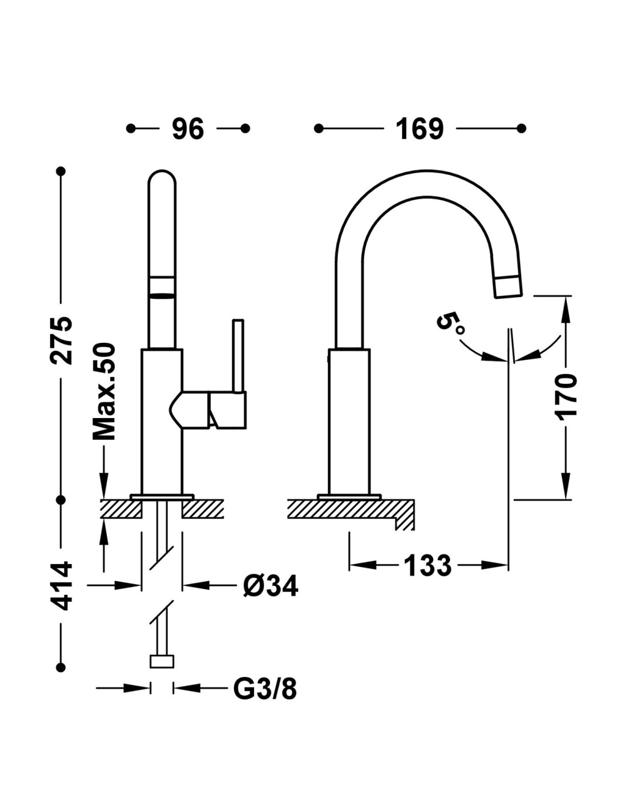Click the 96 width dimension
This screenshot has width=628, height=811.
coord(188,129)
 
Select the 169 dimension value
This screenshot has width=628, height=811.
coord(420,129)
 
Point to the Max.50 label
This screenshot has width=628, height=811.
coord(104,391)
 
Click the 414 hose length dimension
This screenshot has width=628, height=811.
coord(61,586)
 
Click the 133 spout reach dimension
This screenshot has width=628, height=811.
coord(428,566)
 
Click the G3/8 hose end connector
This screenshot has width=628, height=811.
coord(162,662)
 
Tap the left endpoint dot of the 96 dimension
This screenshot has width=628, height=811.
coord(131,128)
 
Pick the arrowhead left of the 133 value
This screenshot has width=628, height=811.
coord(360,566)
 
